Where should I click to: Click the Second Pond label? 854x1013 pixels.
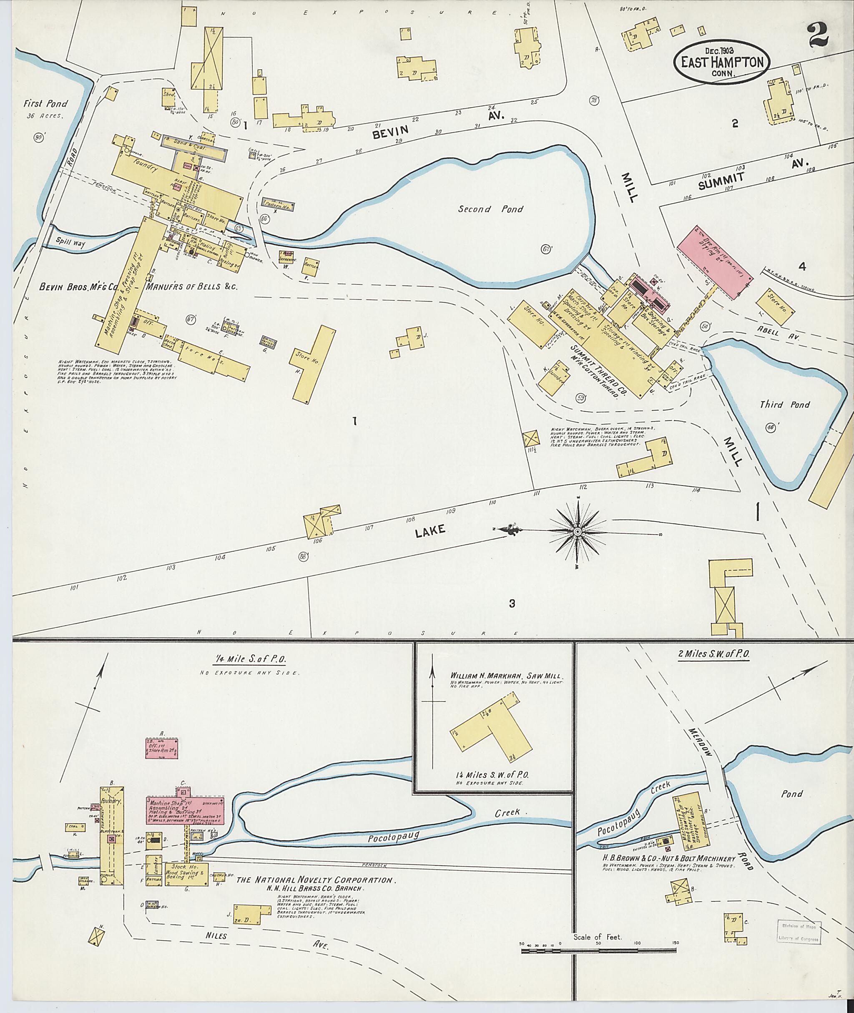tap(490, 209)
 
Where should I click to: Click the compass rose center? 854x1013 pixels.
tap(577, 531)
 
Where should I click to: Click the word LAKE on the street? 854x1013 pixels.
tap(430, 531)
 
